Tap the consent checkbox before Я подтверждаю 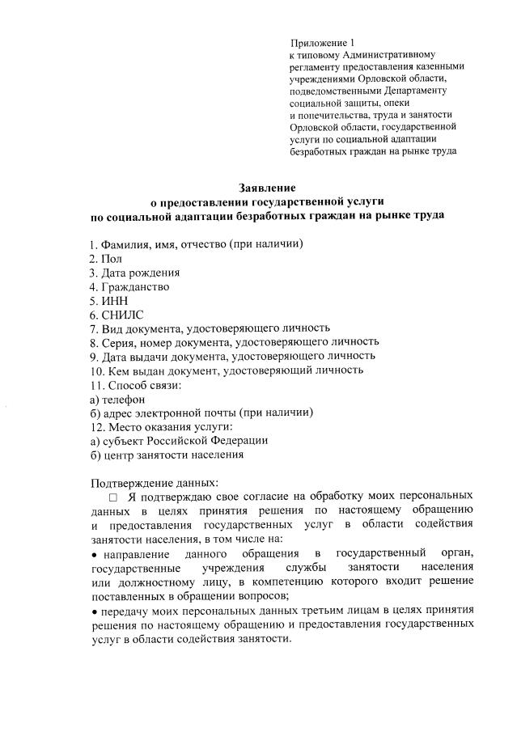coord(114,495)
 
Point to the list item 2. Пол coord(105,258)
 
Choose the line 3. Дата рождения coord(134,273)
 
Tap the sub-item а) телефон coord(118,399)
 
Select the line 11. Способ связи coord(135,384)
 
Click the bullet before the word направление coord(94,554)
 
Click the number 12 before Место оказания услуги coord(95,426)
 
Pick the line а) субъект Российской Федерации coord(179,441)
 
